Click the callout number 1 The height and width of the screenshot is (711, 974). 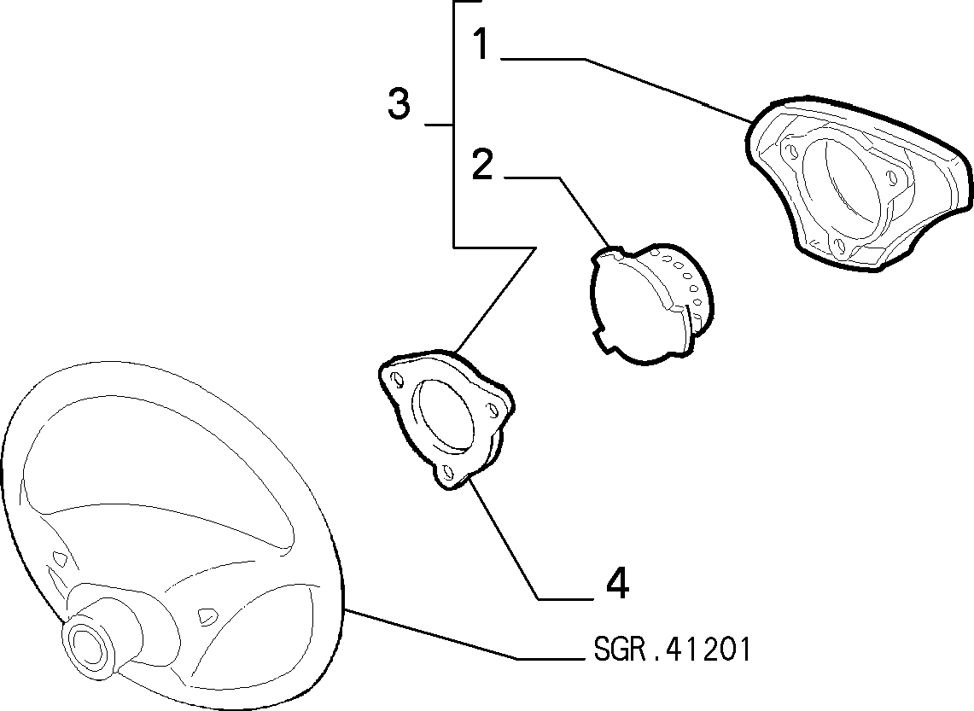click(481, 44)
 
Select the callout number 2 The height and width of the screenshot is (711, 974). click(482, 164)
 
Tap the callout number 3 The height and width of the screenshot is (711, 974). click(399, 103)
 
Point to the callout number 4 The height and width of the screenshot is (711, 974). click(617, 583)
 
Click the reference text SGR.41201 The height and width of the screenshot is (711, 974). click(672, 650)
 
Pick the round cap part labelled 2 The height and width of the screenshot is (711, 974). click(651, 303)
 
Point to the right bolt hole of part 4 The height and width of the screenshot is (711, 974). click(494, 410)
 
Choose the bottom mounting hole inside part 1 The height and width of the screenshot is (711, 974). click(839, 244)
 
